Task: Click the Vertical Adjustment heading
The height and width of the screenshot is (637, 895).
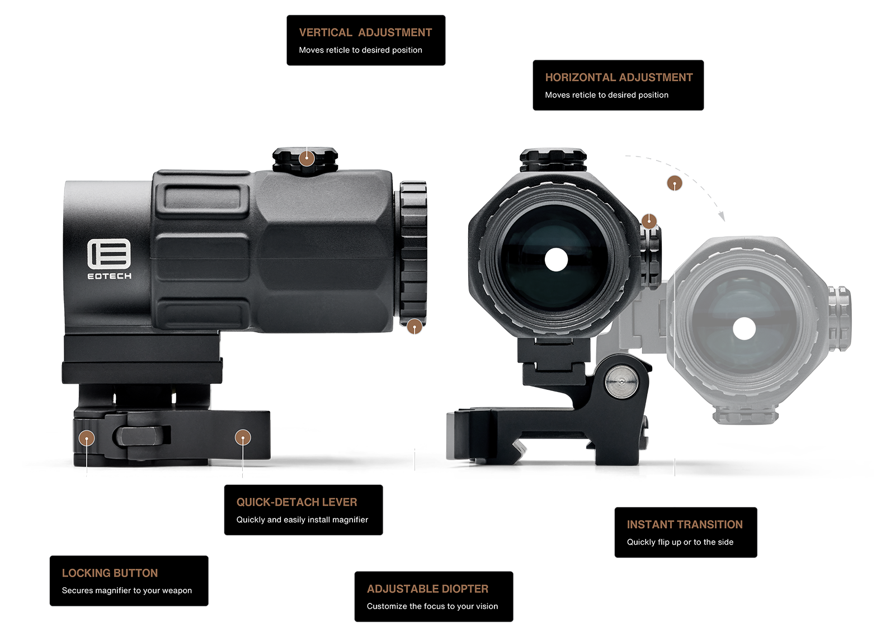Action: [x=365, y=32]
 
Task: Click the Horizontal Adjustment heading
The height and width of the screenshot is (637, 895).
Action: [x=619, y=77]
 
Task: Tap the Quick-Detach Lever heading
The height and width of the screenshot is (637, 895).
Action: [x=296, y=502]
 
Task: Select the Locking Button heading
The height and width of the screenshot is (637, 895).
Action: [x=110, y=573]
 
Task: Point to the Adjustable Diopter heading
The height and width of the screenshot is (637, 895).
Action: [x=427, y=589]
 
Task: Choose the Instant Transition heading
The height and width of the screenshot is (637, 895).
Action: [x=685, y=525]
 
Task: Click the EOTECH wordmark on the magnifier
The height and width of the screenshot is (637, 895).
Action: [x=110, y=276]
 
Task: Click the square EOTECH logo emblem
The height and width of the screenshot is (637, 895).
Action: [x=109, y=254]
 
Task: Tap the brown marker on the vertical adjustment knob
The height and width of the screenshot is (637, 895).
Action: [x=307, y=158]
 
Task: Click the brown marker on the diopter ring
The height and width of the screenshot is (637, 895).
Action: [x=414, y=326]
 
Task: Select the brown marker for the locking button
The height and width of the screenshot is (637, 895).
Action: [x=87, y=438]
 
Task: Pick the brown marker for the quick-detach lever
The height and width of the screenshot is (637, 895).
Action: [x=243, y=437]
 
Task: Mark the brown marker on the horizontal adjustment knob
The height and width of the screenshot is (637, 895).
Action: [x=649, y=221]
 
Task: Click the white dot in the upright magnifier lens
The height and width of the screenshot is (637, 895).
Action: [x=556, y=259]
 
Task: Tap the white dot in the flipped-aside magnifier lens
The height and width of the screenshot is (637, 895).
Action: [x=744, y=329]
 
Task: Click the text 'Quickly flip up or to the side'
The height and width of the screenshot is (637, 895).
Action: [x=680, y=542]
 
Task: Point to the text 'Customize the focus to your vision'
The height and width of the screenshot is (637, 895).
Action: [x=432, y=606]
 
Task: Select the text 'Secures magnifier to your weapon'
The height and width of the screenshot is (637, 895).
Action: [x=126, y=591]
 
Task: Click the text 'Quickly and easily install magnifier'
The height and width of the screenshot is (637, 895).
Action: [x=302, y=520]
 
